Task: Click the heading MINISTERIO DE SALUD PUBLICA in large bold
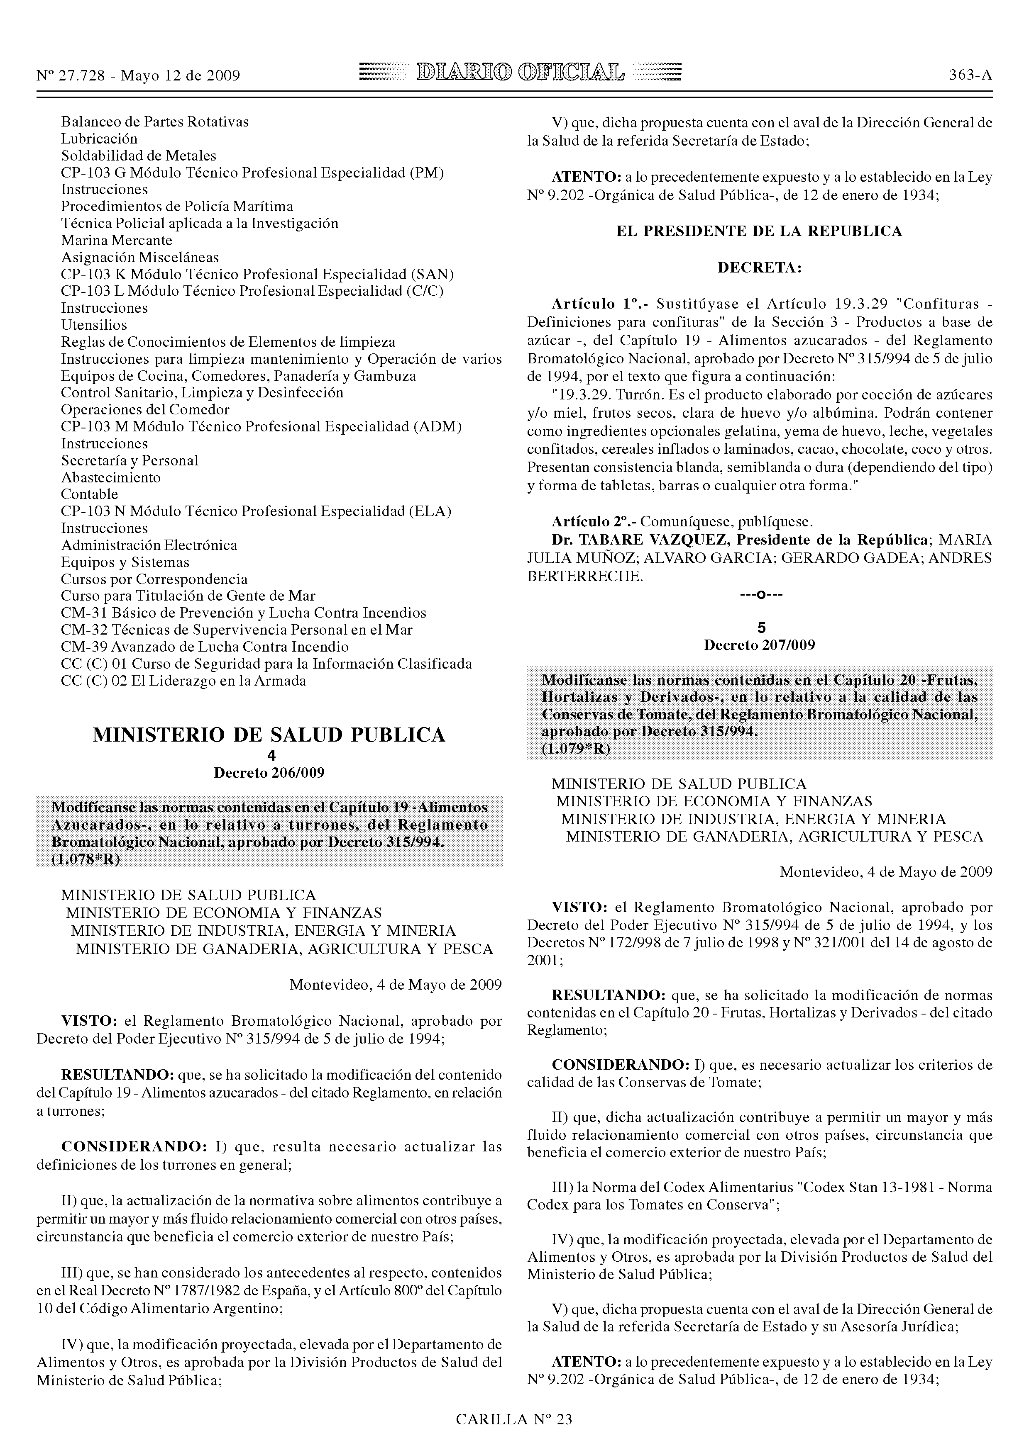269,735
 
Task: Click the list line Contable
89,494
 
